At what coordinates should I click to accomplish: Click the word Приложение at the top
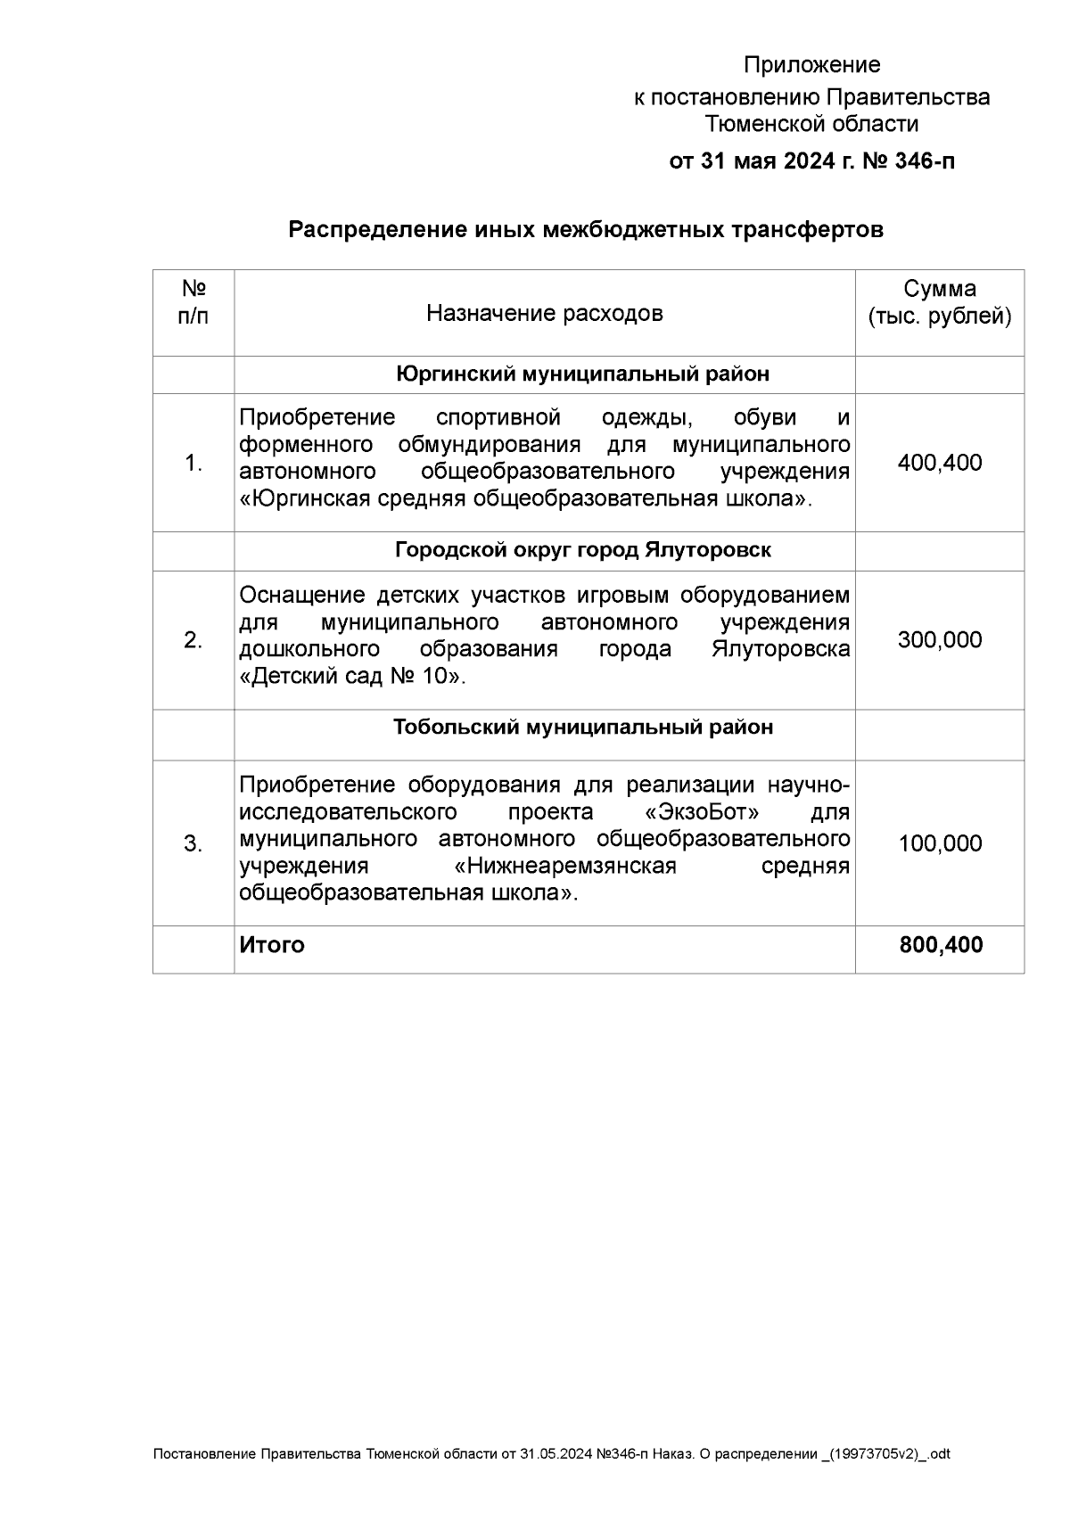coord(811,65)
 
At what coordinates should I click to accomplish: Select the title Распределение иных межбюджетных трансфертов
coord(585,230)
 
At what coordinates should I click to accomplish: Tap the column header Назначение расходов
coord(544,313)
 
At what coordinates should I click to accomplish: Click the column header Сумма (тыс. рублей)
coord(940,303)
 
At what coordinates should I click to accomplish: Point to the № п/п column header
coord(193,302)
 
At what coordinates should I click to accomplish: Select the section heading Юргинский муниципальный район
coord(582,374)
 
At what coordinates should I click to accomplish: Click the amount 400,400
coord(940,463)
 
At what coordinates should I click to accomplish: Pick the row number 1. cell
coord(193,463)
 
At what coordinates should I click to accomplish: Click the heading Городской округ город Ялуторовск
coord(582,550)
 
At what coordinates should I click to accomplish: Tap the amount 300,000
coord(940,639)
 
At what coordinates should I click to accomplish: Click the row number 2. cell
coord(193,639)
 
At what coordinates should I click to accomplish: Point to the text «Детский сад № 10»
coord(353,676)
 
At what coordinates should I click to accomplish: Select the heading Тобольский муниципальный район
coord(582,728)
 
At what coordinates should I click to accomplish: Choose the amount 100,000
coord(940,843)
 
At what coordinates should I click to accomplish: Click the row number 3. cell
coord(193,843)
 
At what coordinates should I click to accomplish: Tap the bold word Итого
coord(272,945)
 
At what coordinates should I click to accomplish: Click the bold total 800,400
coord(941,945)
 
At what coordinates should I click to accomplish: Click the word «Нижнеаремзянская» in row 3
coord(565,867)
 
